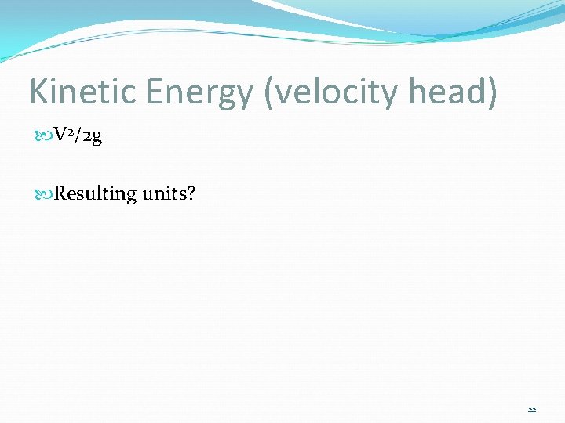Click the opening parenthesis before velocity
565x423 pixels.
[272, 92]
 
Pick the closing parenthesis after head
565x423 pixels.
[493, 92]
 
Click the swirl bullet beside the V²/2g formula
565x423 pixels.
[43, 137]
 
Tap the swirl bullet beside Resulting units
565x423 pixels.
[43, 193]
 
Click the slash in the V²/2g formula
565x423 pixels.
[78, 136]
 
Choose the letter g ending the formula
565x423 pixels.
[97, 139]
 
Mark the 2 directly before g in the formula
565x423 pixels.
[86, 137]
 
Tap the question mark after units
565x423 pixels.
[190, 193]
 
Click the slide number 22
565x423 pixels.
[532, 409]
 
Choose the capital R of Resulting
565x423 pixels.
[60, 193]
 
